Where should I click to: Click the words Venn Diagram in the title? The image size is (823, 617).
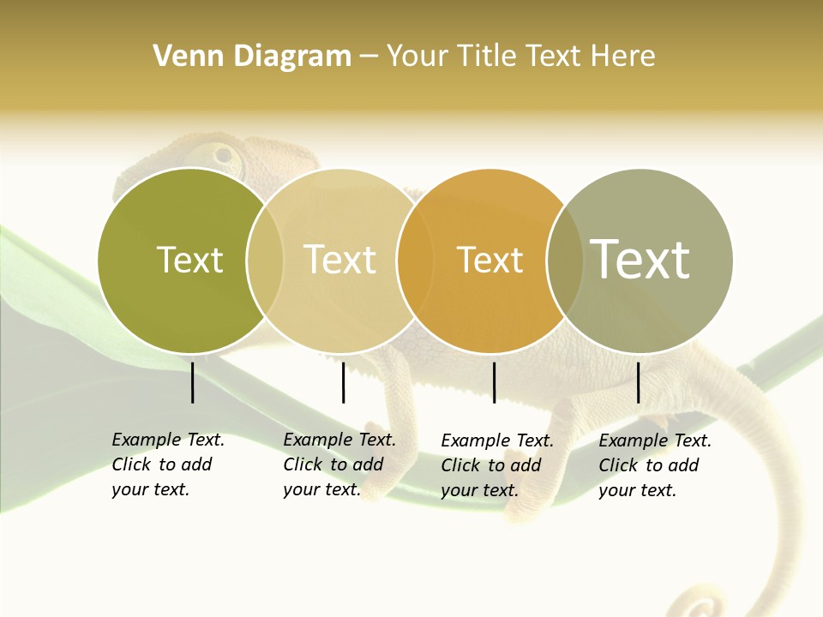click(252, 57)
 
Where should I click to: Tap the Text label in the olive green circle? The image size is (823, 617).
click(189, 261)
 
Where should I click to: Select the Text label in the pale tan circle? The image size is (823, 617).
click(340, 261)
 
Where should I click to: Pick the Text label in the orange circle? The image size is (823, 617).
click(490, 261)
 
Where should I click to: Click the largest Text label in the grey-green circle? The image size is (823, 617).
click(640, 259)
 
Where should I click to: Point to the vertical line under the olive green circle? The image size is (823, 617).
click(192, 382)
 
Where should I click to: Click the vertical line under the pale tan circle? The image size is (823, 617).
click(343, 382)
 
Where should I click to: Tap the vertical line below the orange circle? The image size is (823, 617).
click(494, 382)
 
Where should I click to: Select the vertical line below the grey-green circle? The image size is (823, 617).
click(638, 382)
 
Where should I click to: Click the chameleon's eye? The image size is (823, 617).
click(225, 156)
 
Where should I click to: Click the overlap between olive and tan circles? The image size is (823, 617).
click(265, 261)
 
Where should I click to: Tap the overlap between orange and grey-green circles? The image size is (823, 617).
click(565, 261)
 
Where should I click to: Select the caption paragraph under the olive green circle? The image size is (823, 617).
click(168, 464)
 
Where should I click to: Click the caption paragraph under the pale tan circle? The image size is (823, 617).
click(339, 464)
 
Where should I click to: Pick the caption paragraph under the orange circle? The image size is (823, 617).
click(497, 465)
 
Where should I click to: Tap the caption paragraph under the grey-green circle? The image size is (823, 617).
click(655, 465)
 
